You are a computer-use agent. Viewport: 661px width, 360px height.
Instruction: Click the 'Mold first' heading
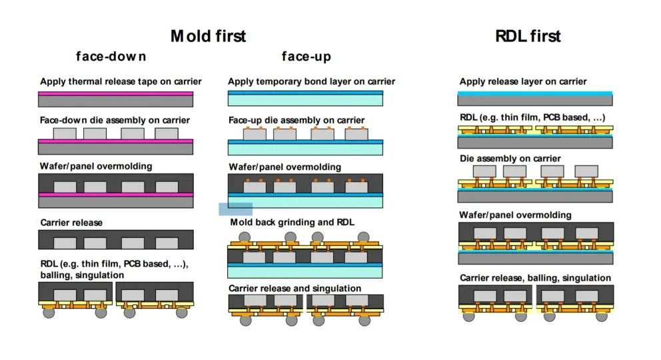point(208,35)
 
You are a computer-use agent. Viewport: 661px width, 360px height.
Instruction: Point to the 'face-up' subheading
point(306,56)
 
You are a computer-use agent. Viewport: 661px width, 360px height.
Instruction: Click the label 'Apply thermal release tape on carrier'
point(121,82)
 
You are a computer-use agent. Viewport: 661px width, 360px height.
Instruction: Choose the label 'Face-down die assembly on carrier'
point(115,120)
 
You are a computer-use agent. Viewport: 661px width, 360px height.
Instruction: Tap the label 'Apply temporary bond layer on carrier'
point(311,82)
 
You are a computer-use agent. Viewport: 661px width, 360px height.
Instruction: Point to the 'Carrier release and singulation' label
point(295,288)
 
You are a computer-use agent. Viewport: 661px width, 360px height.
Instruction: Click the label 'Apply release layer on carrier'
point(523,81)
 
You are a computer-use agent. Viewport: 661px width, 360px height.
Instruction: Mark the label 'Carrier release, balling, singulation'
point(535,277)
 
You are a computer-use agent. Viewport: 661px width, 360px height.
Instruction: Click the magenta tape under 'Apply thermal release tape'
point(116,94)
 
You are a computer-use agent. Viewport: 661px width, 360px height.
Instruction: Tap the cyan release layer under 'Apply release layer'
point(535,93)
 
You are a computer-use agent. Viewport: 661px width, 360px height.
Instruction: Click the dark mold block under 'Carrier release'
point(116,239)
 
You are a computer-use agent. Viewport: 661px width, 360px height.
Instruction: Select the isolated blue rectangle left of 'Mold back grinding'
point(235,209)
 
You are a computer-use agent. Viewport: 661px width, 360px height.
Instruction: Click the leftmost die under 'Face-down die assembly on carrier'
point(65,133)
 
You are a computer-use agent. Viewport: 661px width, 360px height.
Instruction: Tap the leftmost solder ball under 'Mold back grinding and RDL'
point(245,237)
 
